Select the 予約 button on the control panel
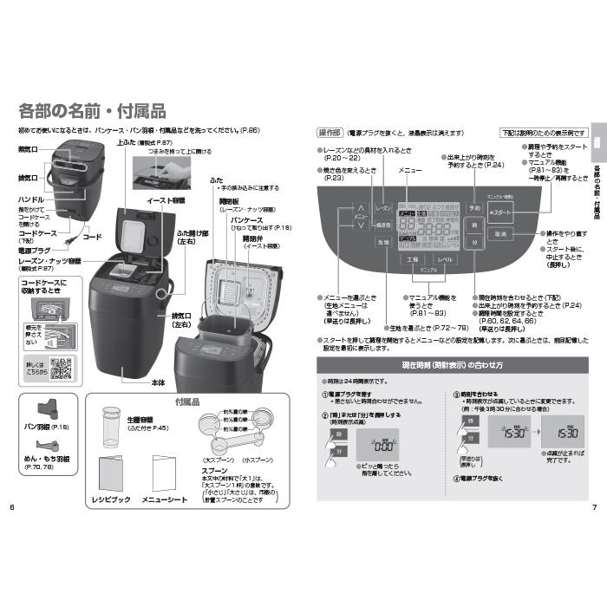pos(474,209)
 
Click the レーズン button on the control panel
pos(383,211)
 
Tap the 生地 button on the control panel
pos(383,244)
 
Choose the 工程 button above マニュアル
pos(412,259)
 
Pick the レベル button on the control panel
pos(444,259)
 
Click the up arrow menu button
pos(360,209)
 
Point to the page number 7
pos(594,506)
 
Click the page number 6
pos(12,506)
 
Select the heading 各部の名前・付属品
pos(92,111)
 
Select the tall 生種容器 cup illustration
pos(110,424)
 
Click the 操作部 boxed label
pos(329,133)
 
